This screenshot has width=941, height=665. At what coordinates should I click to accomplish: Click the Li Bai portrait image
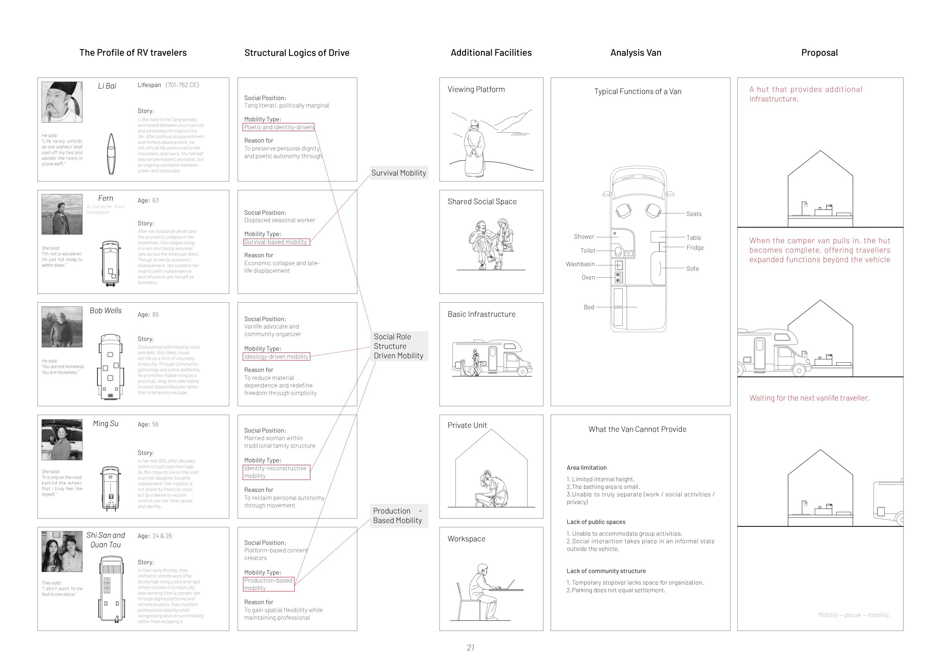click(62, 102)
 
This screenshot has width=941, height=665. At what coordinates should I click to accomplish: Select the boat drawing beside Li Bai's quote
click(111, 154)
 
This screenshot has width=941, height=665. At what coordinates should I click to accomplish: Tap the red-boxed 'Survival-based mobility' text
click(276, 242)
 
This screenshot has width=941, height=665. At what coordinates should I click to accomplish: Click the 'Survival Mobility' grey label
click(398, 173)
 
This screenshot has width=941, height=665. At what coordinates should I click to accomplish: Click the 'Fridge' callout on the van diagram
click(695, 248)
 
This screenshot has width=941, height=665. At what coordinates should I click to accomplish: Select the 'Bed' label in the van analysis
click(589, 307)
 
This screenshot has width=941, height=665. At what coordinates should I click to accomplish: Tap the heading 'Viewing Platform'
click(476, 89)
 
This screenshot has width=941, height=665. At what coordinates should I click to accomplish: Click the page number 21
click(470, 647)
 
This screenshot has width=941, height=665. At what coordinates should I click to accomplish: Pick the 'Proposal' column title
click(819, 53)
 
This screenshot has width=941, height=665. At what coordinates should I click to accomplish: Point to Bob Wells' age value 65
click(156, 314)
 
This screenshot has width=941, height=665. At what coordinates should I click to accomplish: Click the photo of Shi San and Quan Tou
click(62, 551)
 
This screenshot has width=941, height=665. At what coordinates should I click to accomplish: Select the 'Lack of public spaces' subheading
click(595, 522)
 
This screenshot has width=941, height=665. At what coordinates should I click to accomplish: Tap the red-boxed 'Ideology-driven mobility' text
click(276, 356)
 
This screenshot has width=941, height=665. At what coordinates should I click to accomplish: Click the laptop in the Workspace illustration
click(511, 584)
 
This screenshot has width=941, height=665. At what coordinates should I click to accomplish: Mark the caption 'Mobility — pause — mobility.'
click(853, 615)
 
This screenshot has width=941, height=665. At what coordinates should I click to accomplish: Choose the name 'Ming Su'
click(106, 424)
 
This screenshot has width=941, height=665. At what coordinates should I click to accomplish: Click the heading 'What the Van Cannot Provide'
click(637, 429)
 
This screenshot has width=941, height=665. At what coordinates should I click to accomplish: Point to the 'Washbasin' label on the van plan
click(580, 264)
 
